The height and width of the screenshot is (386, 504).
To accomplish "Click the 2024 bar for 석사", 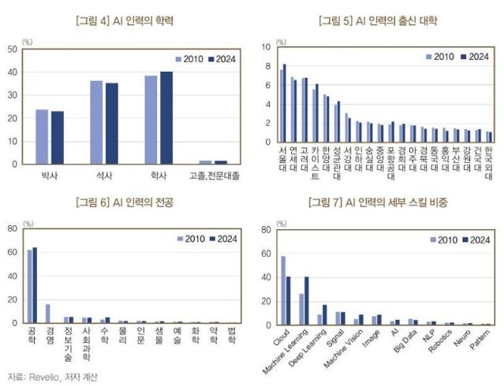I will [x=112, y=124].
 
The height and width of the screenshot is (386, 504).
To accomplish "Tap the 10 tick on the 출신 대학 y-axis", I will [x=266, y=47].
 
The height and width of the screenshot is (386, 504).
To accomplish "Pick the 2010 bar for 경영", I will [x=48, y=314].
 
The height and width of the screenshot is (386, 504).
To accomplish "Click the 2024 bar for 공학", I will [x=35, y=285].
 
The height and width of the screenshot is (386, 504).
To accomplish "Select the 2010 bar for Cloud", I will [x=283, y=289].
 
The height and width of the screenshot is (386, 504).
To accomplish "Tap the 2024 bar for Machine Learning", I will [x=306, y=299].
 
